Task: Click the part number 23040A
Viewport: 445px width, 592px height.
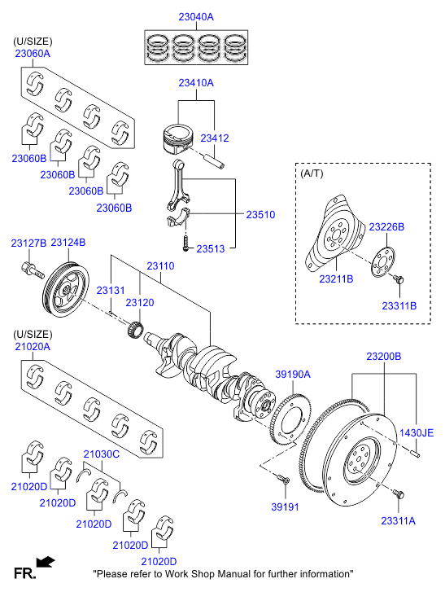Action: [x=196, y=17]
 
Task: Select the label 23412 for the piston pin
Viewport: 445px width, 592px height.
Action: [x=215, y=138]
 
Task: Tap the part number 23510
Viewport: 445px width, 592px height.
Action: [x=260, y=214]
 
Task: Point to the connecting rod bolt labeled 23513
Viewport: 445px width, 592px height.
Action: [x=185, y=243]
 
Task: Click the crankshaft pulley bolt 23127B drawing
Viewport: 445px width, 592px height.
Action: [x=32, y=270]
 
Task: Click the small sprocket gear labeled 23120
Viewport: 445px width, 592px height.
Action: [x=135, y=328]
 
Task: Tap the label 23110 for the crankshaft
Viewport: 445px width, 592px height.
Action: [x=160, y=265]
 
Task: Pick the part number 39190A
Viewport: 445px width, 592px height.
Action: [x=293, y=374]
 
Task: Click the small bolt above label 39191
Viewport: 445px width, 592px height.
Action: [x=283, y=479]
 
